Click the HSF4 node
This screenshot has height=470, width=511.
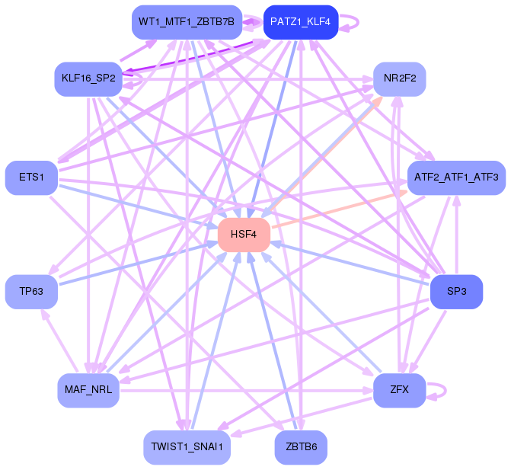[244, 235]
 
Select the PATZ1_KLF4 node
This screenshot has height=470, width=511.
[300, 22]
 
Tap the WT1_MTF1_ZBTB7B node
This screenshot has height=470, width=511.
[187, 22]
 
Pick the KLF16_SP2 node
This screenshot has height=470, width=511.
[88, 78]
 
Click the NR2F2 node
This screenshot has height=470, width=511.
[399, 78]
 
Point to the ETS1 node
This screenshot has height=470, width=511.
[31, 177]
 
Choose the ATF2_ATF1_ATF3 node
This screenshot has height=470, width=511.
[456, 177]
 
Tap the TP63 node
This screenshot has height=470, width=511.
[31, 291]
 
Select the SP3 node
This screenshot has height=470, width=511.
[456, 291]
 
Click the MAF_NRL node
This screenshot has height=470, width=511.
[88, 390]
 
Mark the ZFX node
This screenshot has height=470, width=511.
[399, 390]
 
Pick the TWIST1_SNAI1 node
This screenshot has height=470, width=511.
[187, 447]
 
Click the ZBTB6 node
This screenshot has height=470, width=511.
[300, 447]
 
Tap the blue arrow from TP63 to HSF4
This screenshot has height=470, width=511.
[137, 263]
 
